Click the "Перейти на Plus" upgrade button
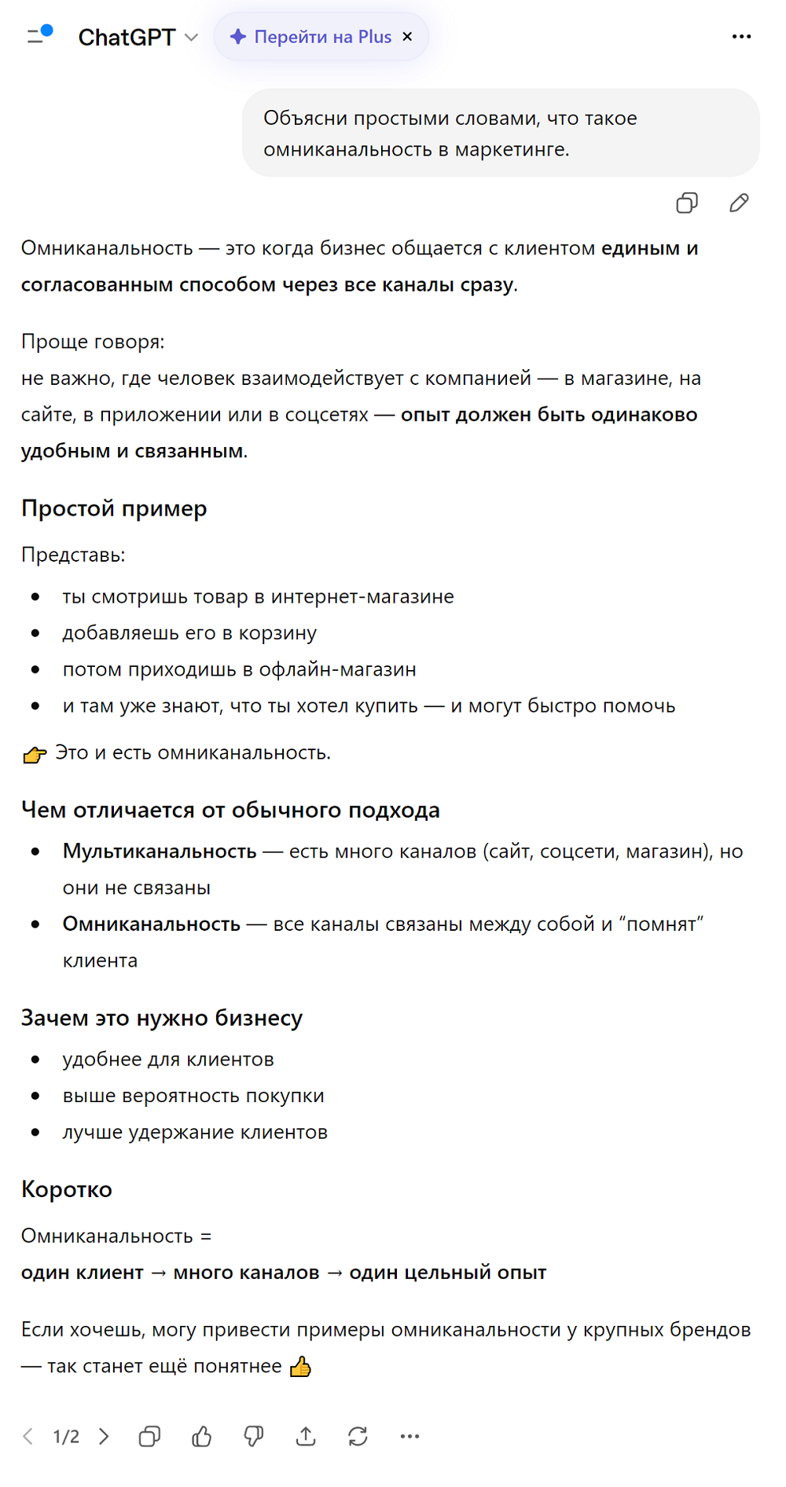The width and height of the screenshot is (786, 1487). pyautogui.click(x=312, y=37)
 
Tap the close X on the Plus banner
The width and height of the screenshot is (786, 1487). pyautogui.click(x=407, y=37)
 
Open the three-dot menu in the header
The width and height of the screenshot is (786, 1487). pyautogui.click(x=741, y=37)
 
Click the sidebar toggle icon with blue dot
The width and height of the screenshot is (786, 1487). pyautogui.click(x=39, y=35)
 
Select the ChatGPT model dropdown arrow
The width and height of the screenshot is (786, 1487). pyautogui.click(x=191, y=38)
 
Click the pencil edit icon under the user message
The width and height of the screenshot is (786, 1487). pyautogui.click(x=739, y=203)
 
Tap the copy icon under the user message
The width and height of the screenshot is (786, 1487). pyautogui.click(x=687, y=203)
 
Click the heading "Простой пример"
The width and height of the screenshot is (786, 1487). pyautogui.click(x=114, y=509)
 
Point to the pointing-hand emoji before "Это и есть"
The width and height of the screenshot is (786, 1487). pyautogui.click(x=34, y=755)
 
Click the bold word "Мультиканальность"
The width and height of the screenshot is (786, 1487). pyautogui.click(x=160, y=852)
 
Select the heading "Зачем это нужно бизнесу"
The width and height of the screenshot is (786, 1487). pyautogui.click(x=161, y=1018)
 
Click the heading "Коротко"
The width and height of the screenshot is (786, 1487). pyautogui.click(x=67, y=1189)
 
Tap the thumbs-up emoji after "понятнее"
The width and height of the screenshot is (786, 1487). pyautogui.click(x=300, y=1367)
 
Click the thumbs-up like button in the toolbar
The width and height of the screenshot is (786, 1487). pyautogui.click(x=202, y=1437)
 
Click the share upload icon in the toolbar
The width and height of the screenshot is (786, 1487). pyautogui.click(x=306, y=1437)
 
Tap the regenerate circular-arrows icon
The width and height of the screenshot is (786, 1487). pyautogui.click(x=358, y=1437)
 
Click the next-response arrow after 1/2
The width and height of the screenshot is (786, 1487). pyautogui.click(x=104, y=1437)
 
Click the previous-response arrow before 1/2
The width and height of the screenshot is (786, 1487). pyautogui.click(x=28, y=1437)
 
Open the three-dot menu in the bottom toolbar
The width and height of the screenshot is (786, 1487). pyautogui.click(x=410, y=1437)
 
